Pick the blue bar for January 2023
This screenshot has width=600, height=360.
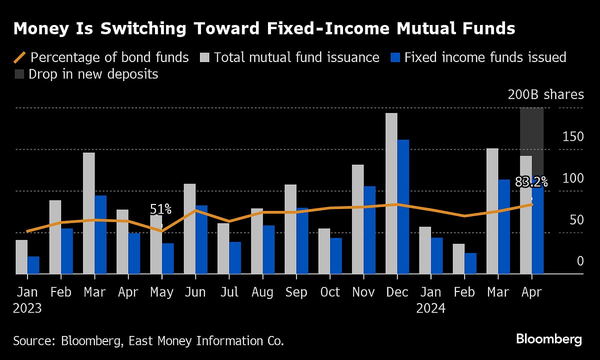(x=33, y=265)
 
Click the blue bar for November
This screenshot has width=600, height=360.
(x=369, y=229)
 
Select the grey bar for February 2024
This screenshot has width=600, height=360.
(x=458, y=258)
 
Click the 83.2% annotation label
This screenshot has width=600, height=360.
(x=531, y=182)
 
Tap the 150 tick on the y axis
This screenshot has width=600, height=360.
(x=573, y=137)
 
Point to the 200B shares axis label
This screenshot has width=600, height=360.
(x=545, y=94)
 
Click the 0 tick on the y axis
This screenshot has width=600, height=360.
(x=580, y=261)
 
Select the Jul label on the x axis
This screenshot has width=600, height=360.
(x=229, y=292)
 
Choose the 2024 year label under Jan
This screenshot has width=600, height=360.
(x=430, y=308)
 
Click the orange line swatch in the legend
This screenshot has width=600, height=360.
(x=20, y=57)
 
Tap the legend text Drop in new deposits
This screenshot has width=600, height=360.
(x=93, y=74)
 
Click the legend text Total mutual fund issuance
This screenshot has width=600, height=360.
(x=296, y=57)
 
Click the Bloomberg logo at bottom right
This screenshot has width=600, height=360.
(x=548, y=339)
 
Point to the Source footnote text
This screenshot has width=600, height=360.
(x=148, y=341)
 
